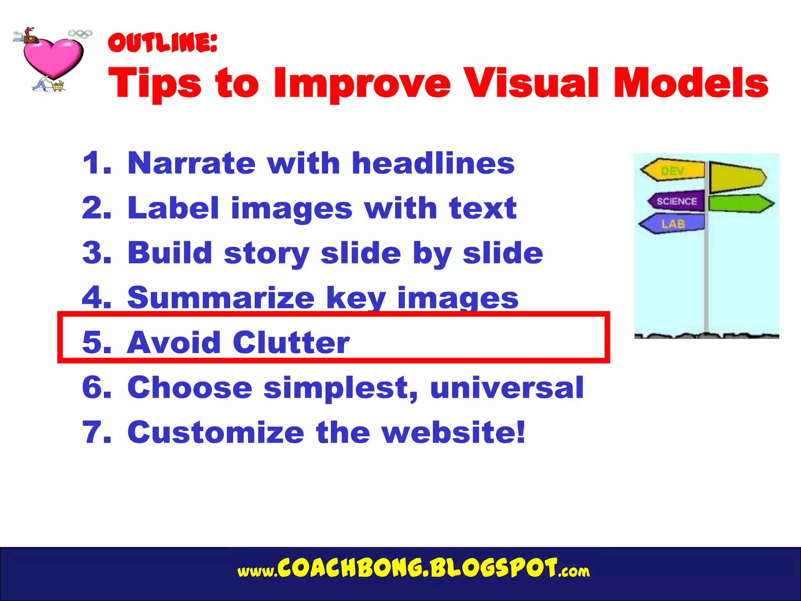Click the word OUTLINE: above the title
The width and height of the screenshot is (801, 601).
coord(162,43)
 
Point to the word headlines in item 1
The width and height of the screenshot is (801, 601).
coord(433,163)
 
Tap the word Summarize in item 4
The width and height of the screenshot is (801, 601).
coord(221,298)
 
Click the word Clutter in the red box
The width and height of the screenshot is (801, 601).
coord(291,342)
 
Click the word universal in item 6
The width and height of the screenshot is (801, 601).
coord(507,387)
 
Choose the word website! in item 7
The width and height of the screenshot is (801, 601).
coord(454,432)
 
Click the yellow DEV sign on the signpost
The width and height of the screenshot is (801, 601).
coord(673,171)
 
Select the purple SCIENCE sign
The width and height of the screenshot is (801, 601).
coord(676,201)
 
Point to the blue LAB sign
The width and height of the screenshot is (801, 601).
coord(673,224)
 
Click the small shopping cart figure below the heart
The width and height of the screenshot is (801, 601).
coord(57,86)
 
